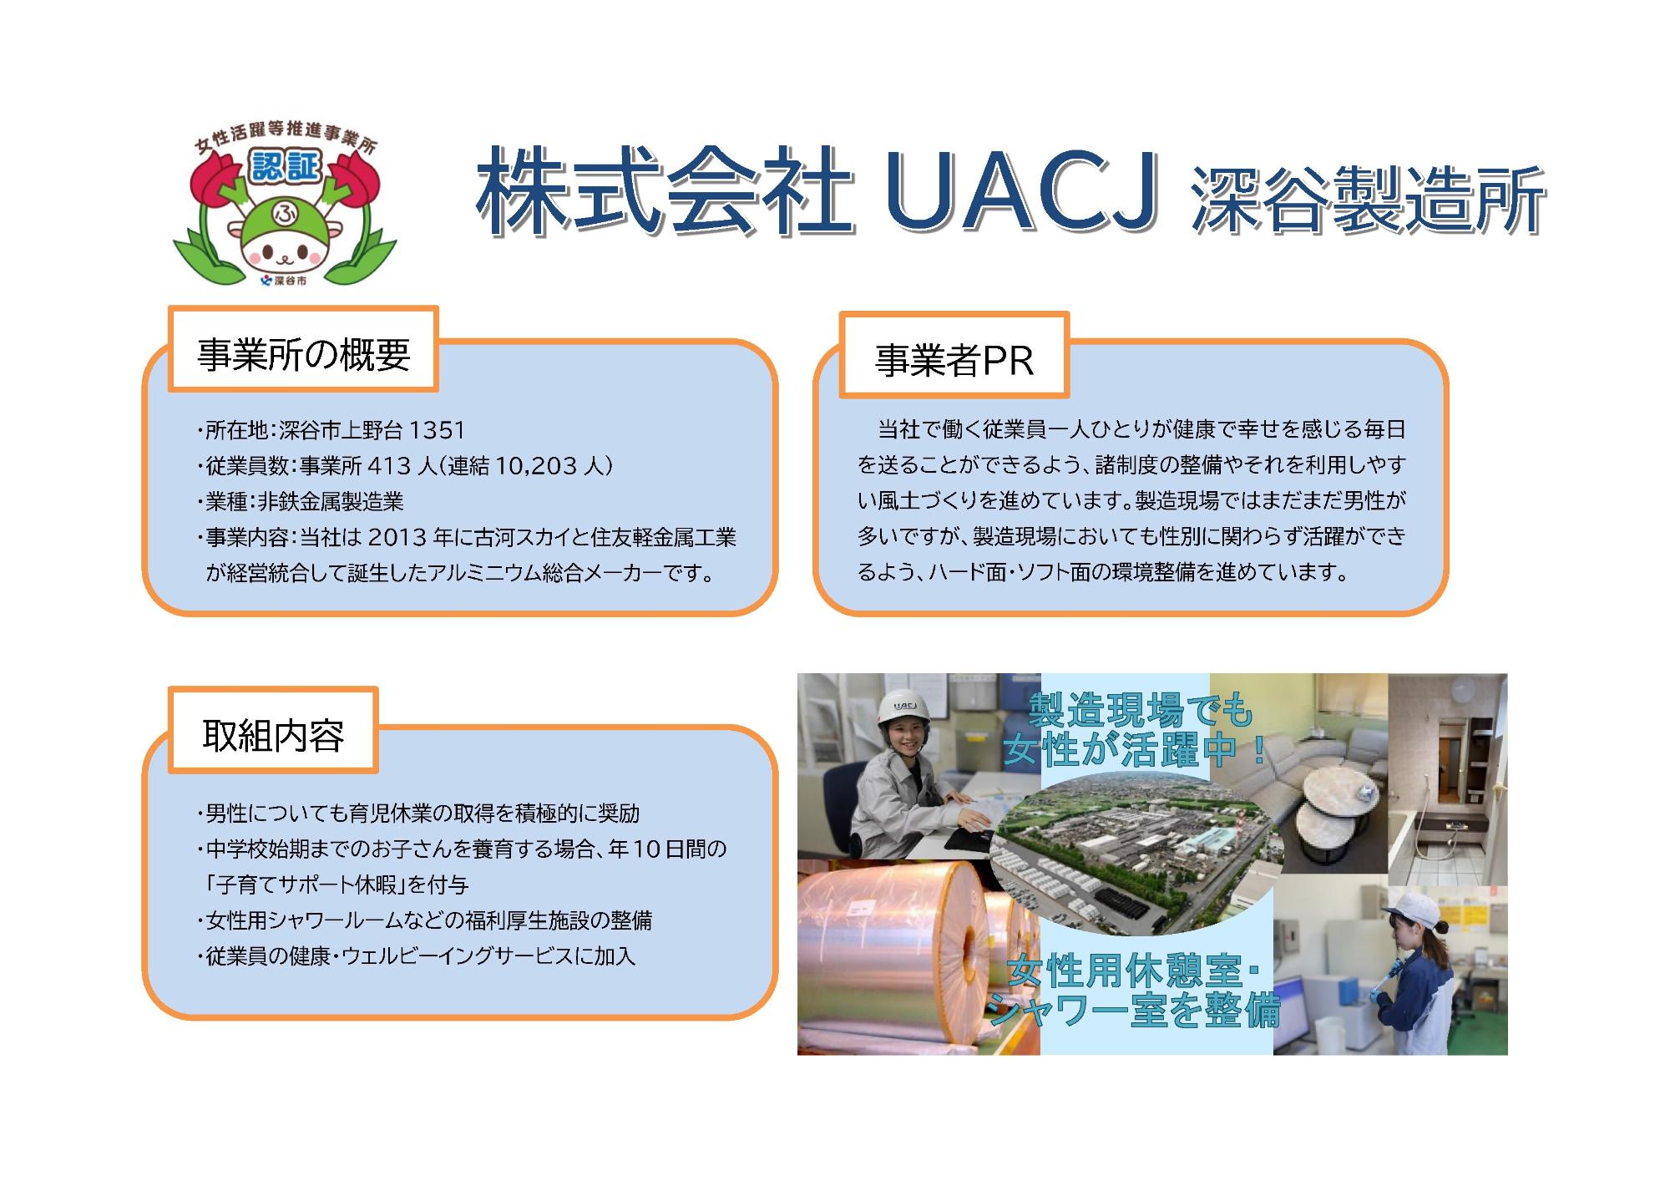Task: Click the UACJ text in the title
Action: tap(1020, 191)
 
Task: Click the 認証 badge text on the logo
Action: tap(286, 167)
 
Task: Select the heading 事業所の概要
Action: tap(303, 355)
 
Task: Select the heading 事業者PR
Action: tap(954, 361)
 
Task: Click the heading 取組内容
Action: tap(273, 735)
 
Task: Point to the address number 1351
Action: tap(438, 430)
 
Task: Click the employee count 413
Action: tap(390, 465)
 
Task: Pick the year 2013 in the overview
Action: tap(397, 537)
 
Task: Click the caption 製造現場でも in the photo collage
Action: tap(1141, 711)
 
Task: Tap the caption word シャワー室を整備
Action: tap(1136, 1012)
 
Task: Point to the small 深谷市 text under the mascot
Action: tap(290, 281)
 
